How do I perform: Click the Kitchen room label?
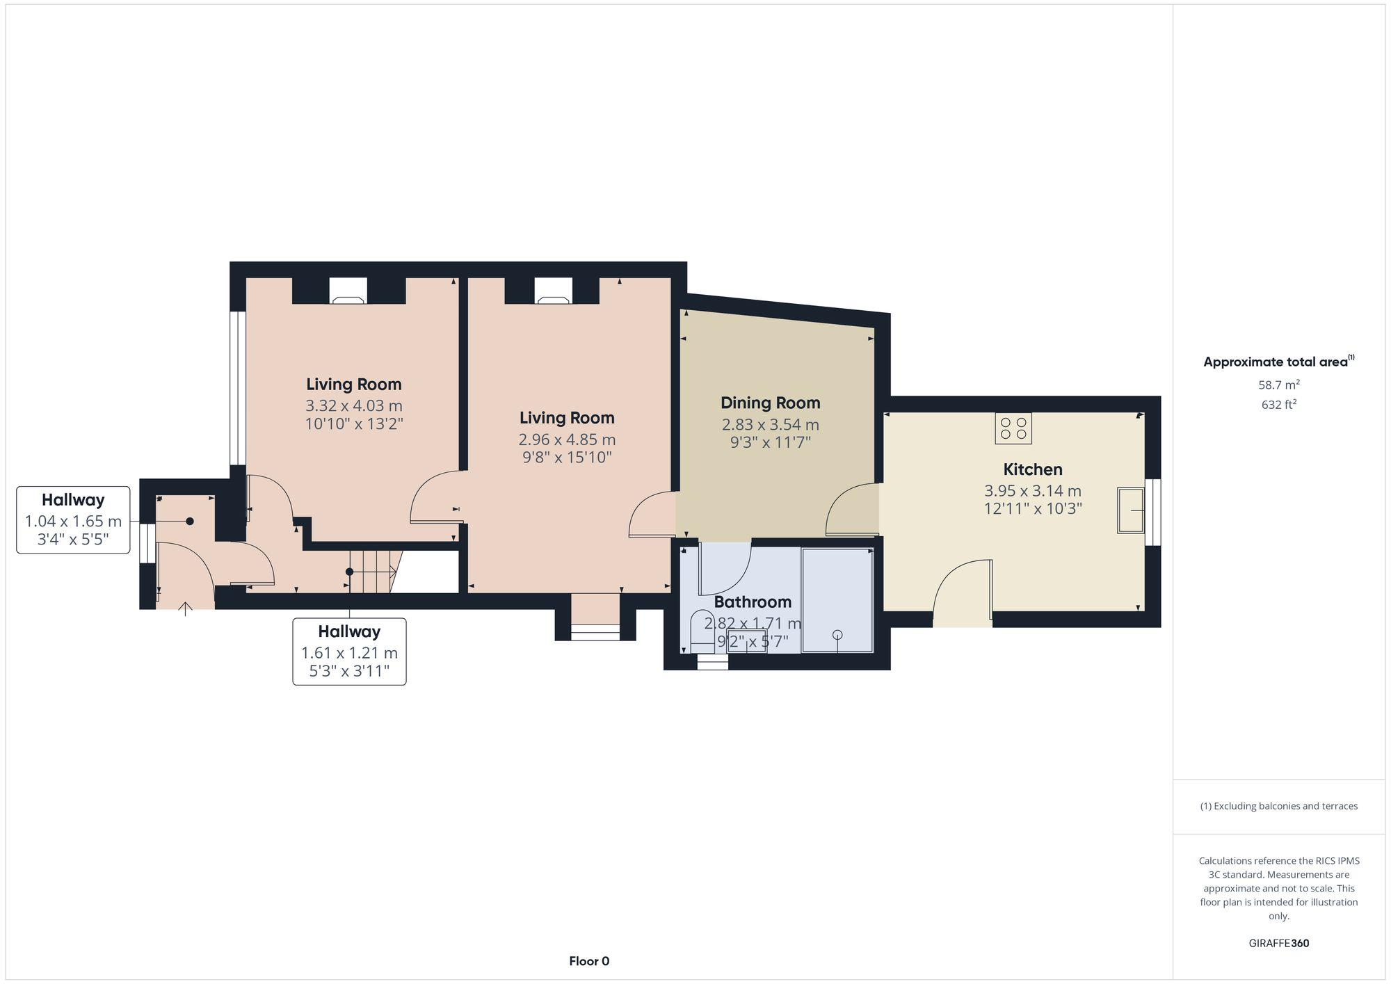1032,469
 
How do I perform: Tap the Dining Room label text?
770,403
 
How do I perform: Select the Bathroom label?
753,602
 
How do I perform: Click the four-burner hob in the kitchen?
1013,428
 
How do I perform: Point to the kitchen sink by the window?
1130,510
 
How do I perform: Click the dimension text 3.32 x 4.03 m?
353,405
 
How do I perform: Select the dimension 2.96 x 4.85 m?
567,439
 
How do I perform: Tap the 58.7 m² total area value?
1278,385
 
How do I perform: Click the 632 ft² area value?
1278,404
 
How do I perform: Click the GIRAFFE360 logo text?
1278,943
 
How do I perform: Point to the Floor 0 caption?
589,961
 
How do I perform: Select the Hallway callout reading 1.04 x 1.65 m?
73,520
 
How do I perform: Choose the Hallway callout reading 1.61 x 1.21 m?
349,652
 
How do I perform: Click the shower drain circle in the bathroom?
837,634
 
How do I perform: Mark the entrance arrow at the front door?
185,608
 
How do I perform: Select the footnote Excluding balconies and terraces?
1278,806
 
